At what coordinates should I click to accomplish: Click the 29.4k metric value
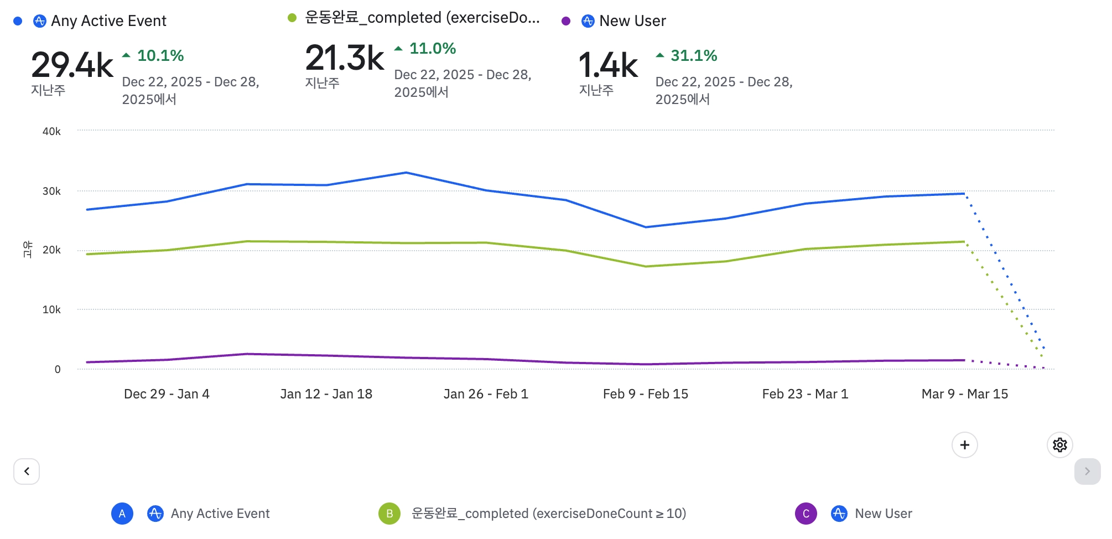tap(72, 65)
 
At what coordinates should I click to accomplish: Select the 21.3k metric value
tap(344, 58)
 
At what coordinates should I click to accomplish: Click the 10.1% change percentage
tap(160, 55)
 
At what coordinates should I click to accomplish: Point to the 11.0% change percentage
tap(432, 49)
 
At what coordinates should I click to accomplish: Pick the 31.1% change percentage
tap(693, 55)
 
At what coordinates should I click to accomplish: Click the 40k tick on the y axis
tap(51, 131)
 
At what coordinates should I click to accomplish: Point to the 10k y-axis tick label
tap(51, 309)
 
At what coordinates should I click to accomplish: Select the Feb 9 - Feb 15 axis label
tap(645, 394)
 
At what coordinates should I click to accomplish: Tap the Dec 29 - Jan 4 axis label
tap(167, 394)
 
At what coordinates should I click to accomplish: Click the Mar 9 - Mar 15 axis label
tap(964, 394)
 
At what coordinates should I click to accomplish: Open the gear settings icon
tap(1059, 445)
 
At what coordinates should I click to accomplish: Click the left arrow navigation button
tap(27, 471)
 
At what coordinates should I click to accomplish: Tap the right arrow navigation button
tap(1087, 471)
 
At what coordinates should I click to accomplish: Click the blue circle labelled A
tap(122, 514)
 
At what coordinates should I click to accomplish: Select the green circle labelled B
tap(389, 514)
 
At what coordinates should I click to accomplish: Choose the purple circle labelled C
tap(806, 514)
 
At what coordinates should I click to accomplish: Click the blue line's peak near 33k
tap(406, 173)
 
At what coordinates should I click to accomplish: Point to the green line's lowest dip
tap(646, 266)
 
